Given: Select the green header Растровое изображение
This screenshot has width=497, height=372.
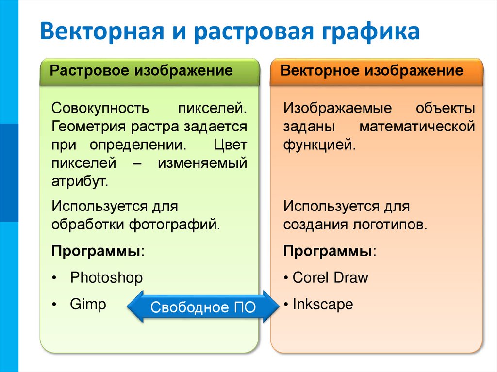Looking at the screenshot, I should pyautogui.click(x=142, y=71).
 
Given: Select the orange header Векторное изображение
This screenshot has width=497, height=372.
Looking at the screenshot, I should pyautogui.click(x=372, y=71).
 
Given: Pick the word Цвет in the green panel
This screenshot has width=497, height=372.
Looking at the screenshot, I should pyautogui.click(x=230, y=145).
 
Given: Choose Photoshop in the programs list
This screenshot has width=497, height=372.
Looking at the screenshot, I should pyautogui.click(x=106, y=278).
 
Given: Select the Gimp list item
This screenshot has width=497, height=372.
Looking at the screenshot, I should pyautogui.click(x=88, y=304).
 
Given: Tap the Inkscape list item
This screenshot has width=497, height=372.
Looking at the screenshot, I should pyautogui.click(x=322, y=304).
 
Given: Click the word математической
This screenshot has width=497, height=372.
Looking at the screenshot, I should pyautogui.click(x=417, y=127).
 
